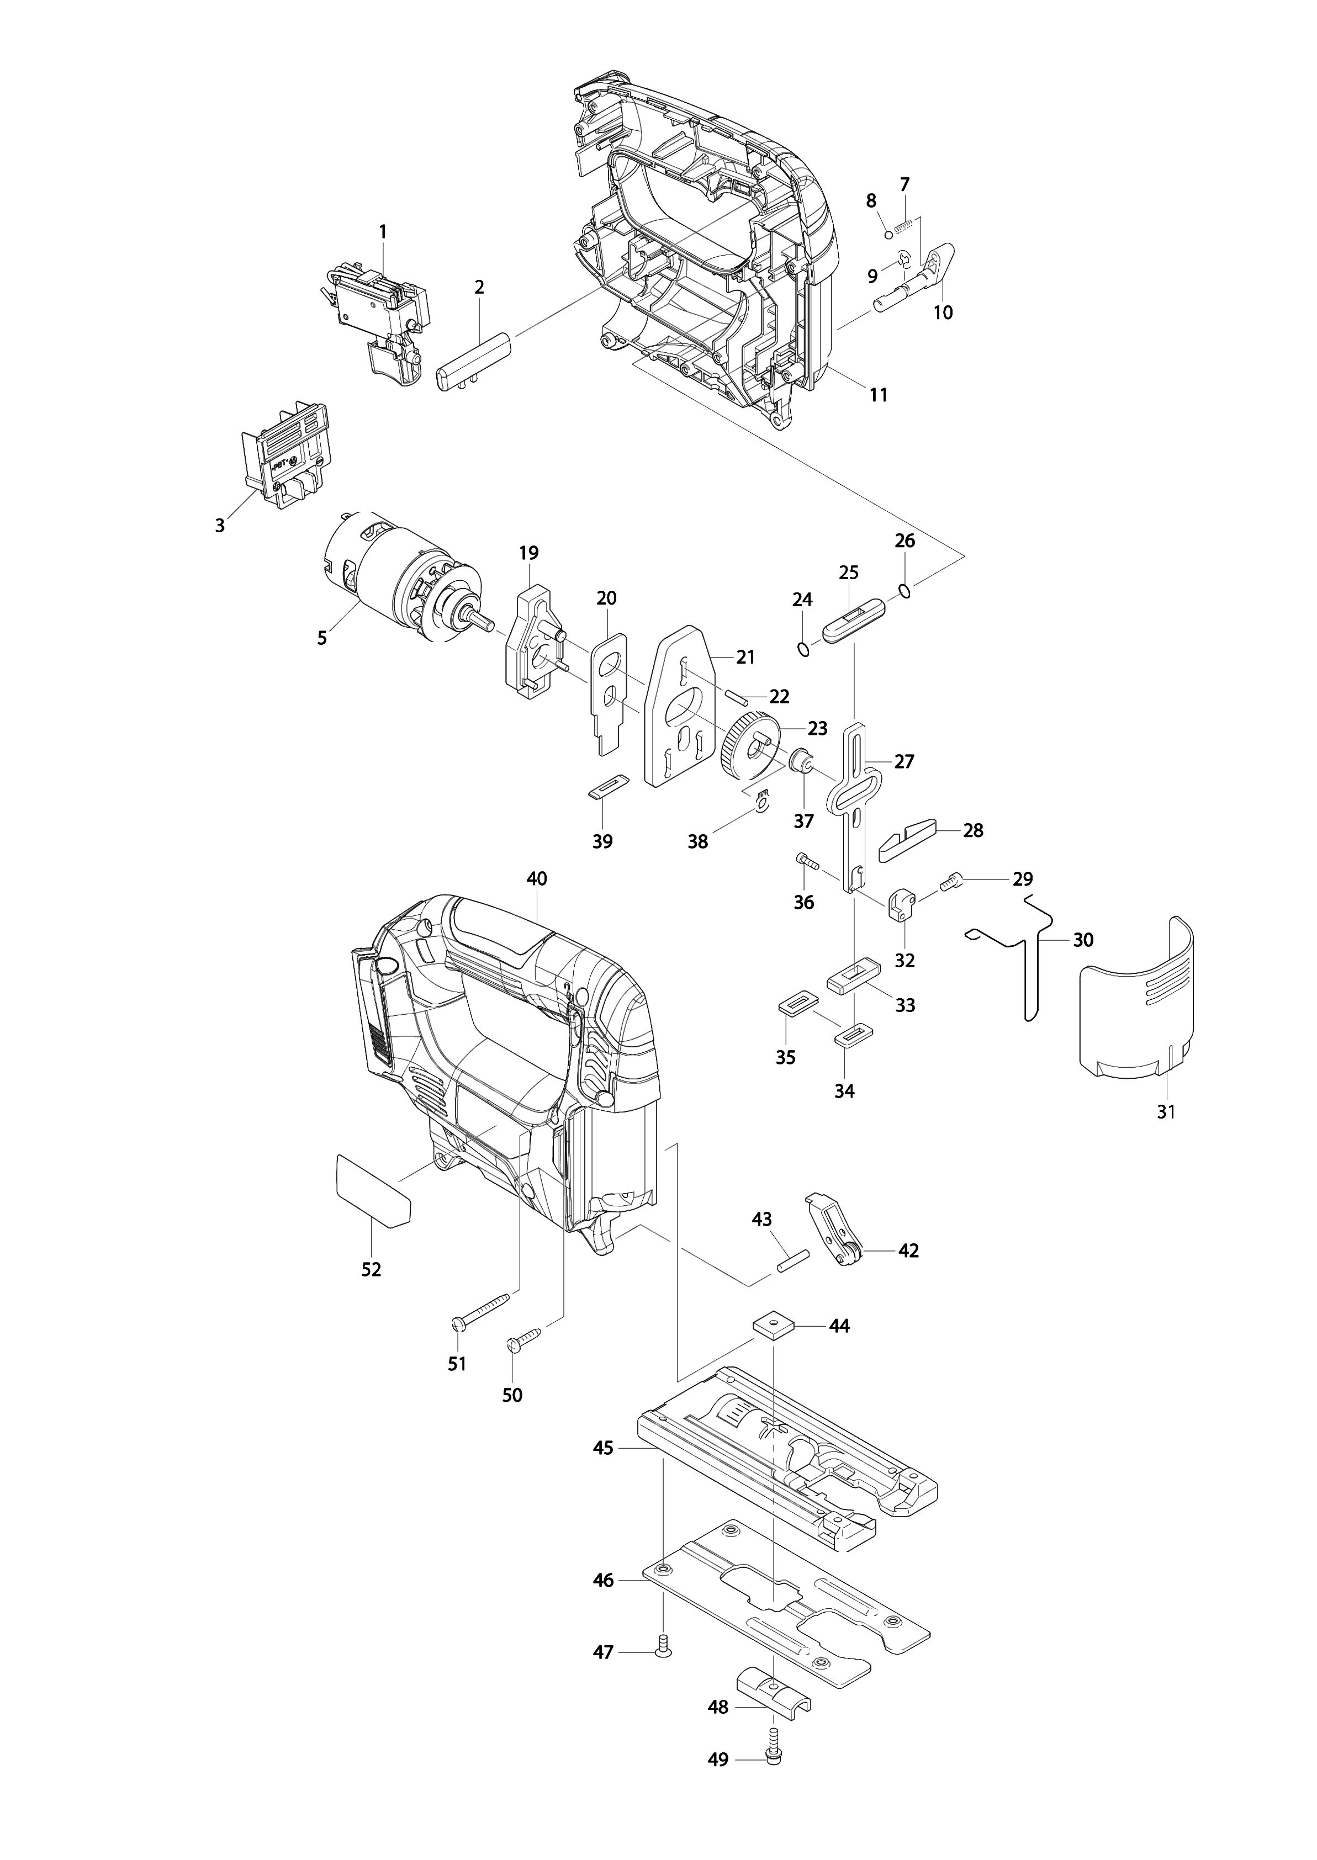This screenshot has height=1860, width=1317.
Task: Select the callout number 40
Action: (x=537, y=878)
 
